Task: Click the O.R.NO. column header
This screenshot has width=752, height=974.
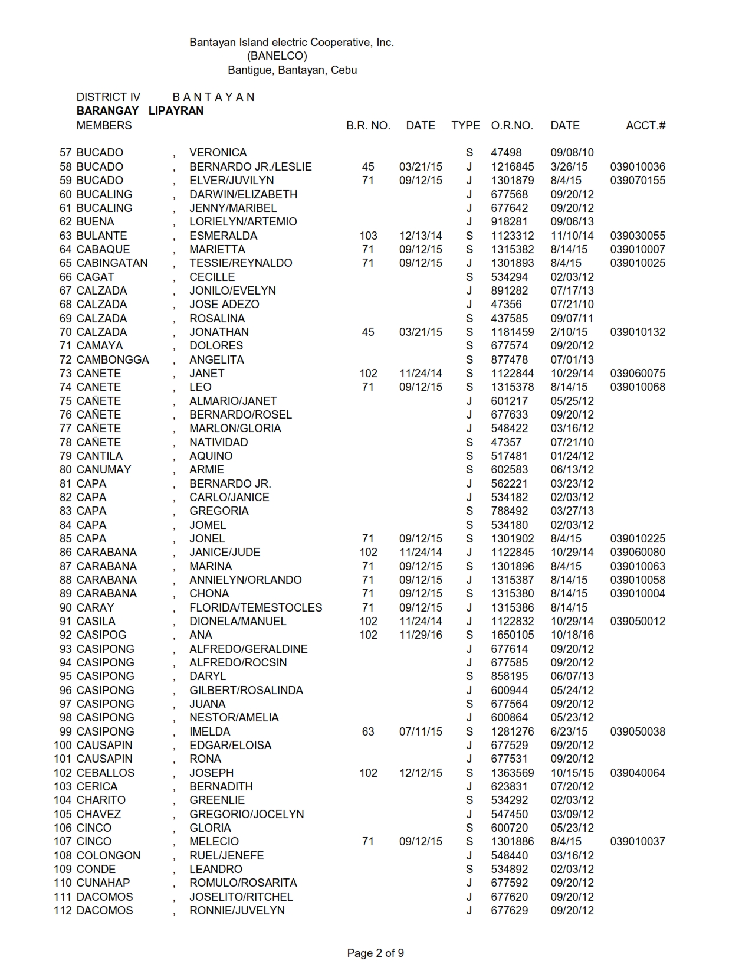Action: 511,125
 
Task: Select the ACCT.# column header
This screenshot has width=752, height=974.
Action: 645,125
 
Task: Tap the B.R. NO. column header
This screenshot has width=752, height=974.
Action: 368,125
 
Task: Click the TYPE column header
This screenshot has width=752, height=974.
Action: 465,125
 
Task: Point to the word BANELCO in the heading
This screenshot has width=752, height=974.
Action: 277,56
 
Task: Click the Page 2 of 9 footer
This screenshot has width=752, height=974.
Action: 375,953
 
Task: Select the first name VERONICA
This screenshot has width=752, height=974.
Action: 218,153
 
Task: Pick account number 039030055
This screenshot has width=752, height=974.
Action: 638,236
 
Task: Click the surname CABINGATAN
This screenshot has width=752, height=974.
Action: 112,263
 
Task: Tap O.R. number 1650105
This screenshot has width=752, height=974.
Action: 512,635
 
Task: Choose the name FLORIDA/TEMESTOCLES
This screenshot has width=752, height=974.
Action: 255,607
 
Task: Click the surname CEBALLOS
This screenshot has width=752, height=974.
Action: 106,773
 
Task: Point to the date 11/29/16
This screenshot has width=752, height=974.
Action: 420,635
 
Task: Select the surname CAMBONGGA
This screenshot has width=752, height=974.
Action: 113,359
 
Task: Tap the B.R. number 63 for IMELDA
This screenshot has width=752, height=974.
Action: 368,731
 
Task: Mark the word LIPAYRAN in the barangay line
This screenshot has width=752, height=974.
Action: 176,110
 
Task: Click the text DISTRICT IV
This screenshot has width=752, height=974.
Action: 109,97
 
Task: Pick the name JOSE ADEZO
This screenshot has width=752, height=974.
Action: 224,305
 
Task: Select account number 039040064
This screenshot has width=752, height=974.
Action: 638,773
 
